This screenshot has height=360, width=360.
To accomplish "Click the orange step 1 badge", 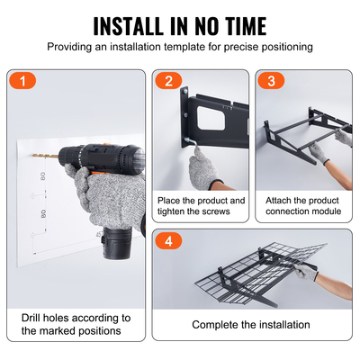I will pos(26,81).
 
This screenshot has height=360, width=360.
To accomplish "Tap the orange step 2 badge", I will pos(166,81).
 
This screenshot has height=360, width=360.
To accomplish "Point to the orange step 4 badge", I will pos(166,241).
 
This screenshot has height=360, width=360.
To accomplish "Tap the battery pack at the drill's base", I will pos(118,240).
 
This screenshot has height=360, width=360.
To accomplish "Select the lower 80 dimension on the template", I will pos(42,216).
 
